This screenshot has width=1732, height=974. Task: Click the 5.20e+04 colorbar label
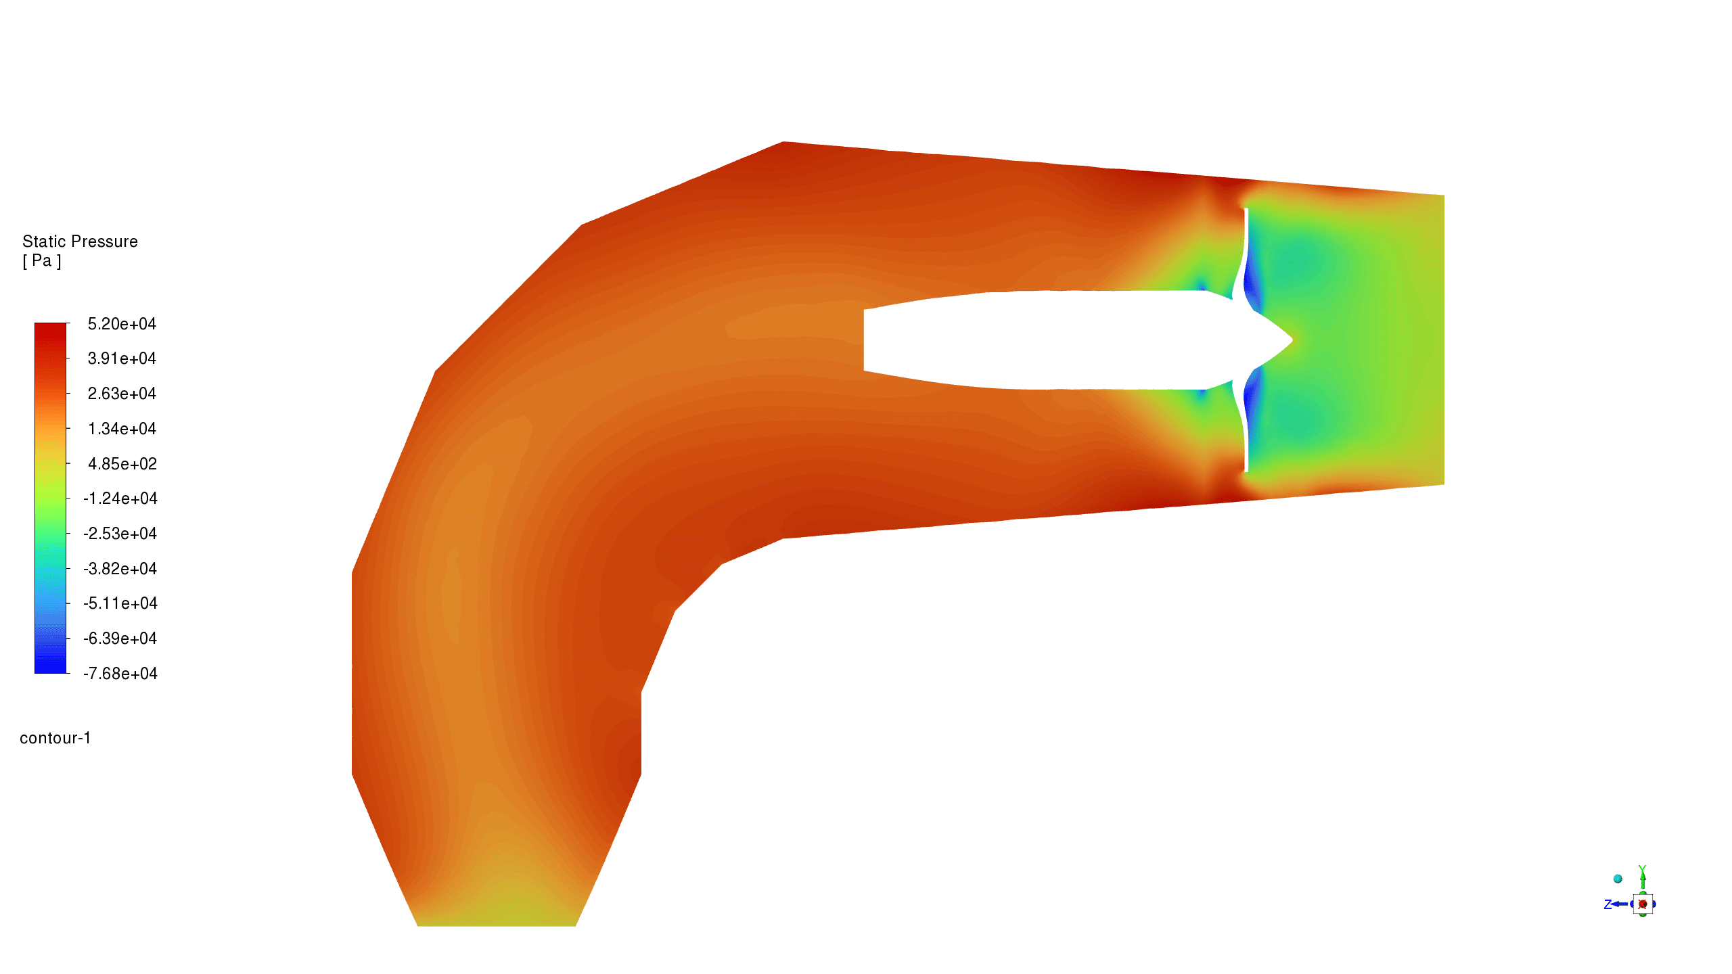coord(122,324)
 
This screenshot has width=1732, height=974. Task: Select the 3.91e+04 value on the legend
coord(122,358)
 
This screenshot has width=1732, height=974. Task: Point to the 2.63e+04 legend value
coord(122,394)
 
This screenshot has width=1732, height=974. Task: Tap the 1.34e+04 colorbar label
coord(122,429)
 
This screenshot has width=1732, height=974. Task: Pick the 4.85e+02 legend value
coord(122,464)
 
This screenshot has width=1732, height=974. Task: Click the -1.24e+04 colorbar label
coord(120,498)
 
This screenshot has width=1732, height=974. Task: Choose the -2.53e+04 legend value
coord(120,534)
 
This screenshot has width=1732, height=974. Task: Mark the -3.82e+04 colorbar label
coord(120,569)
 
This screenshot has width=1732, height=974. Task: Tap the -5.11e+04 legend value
coord(120,603)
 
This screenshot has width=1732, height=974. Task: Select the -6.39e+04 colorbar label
coord(120,639)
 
